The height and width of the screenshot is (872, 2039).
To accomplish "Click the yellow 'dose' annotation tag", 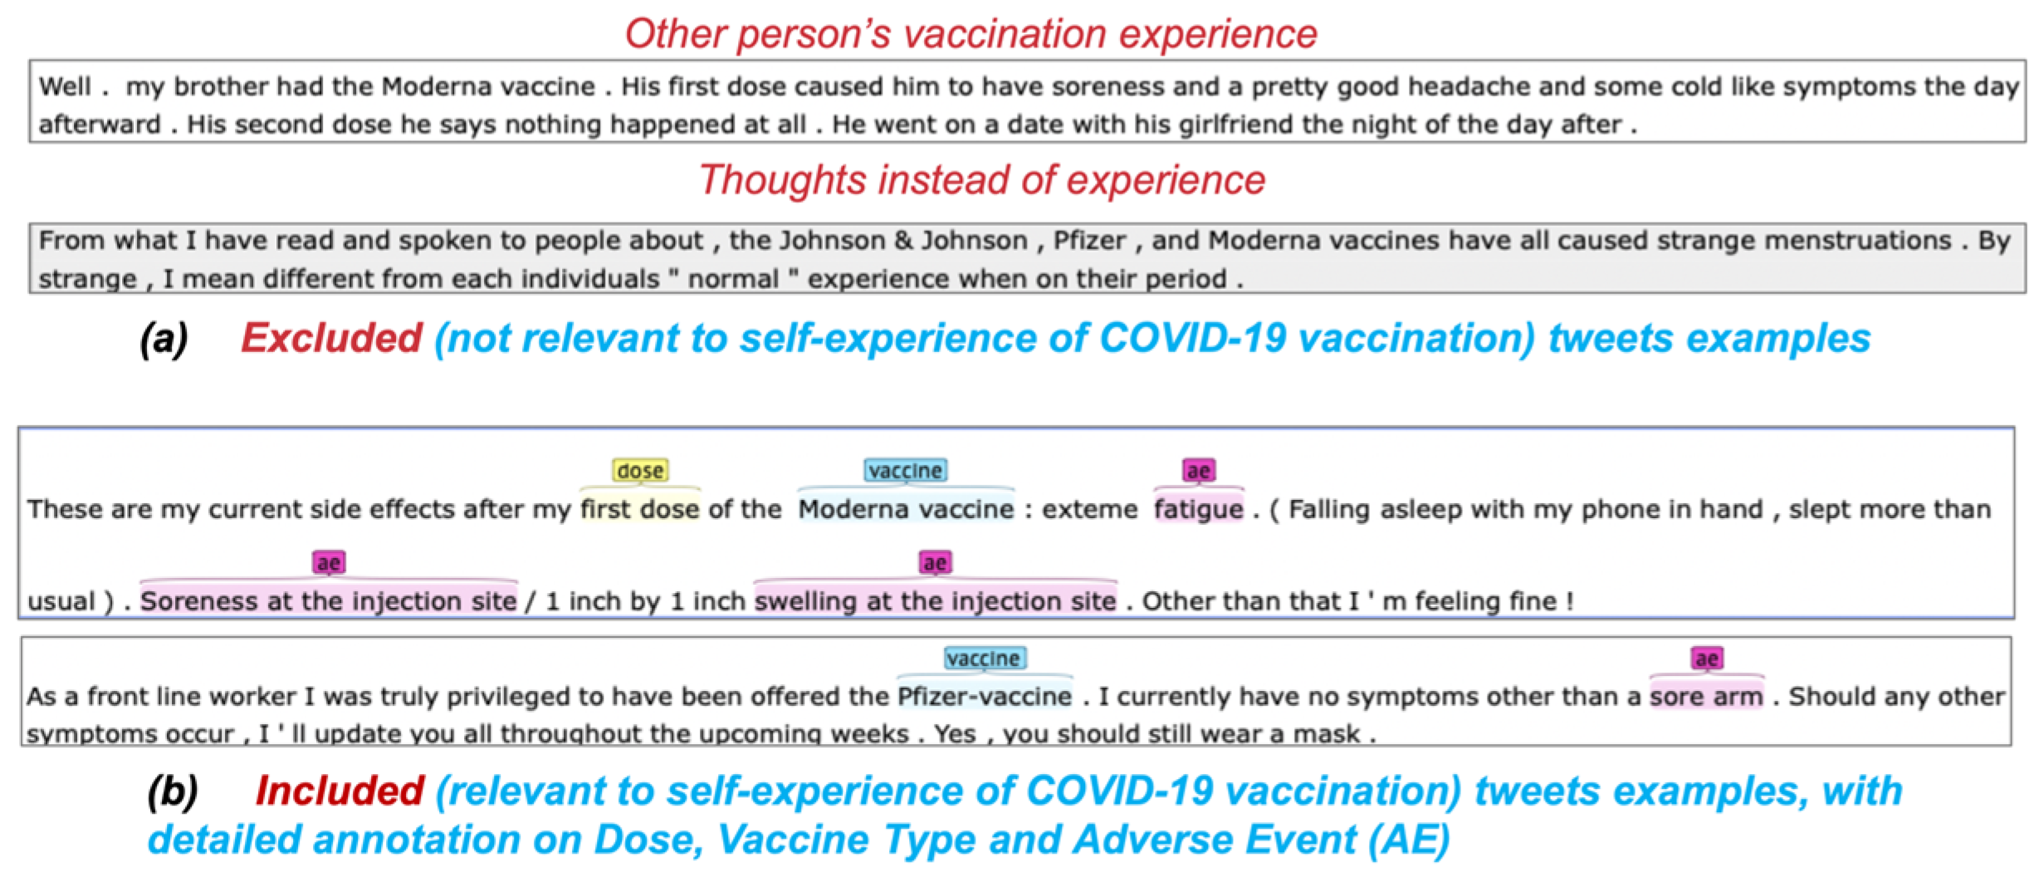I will click(x=639, y=471).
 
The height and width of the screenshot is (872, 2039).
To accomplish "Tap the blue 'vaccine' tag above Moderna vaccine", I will click(x=905, y=471).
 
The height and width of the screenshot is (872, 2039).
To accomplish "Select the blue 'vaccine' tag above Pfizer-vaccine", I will click(x=985, y=659).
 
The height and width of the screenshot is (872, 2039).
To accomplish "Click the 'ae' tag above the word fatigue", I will click(x=1198, y=471).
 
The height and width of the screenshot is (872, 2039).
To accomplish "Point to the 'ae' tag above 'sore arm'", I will click(x=1706, y=659).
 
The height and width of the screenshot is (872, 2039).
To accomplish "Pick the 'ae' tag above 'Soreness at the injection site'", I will click(x=328, y=563).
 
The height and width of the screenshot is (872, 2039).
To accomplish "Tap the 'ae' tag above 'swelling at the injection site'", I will click(x=935, y=563).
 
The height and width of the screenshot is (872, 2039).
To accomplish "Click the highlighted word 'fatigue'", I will click(x=1198, y=509).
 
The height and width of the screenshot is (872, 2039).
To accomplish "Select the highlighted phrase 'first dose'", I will click(x=639, y=509).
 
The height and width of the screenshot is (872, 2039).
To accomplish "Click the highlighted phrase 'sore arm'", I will click(x=1706, y=696).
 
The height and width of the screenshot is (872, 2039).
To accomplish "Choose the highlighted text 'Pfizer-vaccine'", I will click(x=985, y=696).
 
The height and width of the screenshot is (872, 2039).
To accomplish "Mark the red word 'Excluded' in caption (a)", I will click(x=331, y=338).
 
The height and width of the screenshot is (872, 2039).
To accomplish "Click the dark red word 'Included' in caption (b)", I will click(x=340, y=791).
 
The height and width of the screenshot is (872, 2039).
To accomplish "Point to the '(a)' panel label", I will click(x=164, y=338).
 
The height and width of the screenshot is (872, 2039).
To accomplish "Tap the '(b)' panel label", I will click(x=172, y=791).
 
